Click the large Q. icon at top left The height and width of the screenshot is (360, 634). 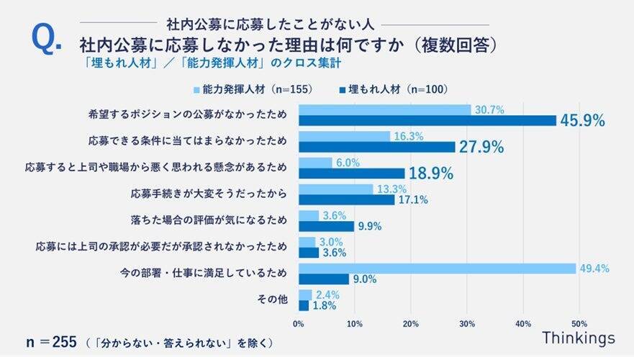[x=47, y=40]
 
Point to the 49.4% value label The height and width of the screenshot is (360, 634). [x=595, y=269]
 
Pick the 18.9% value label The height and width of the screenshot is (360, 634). [x=430, y=174]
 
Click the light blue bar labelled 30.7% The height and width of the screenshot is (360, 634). [x=384, y=110]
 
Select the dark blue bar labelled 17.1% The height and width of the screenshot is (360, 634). [x=346, y=199]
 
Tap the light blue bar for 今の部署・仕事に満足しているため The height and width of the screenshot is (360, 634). [x=437, y=269]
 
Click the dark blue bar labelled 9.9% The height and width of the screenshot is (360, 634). [x=326, y=226]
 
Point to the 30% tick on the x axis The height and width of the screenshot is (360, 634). [x=467, y=323]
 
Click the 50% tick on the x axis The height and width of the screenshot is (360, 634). [x=579, y=323]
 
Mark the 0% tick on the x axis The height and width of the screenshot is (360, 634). [x=299, y=323]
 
